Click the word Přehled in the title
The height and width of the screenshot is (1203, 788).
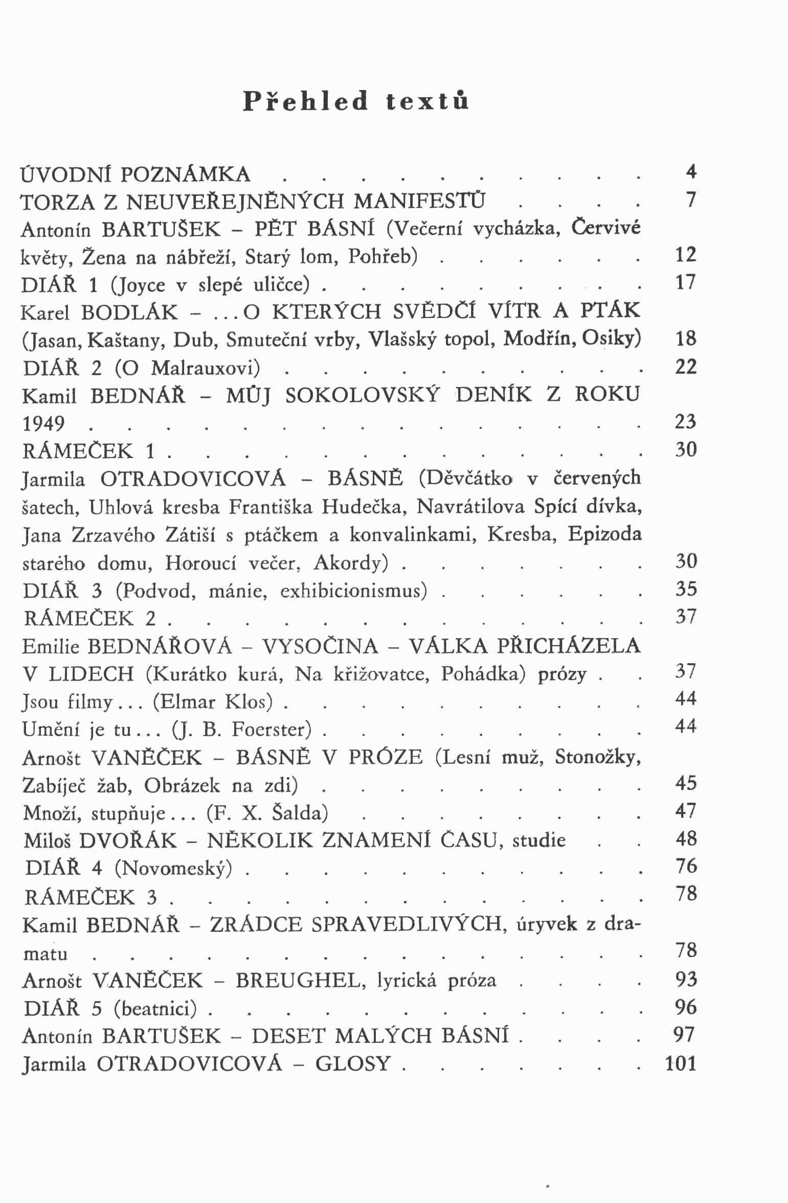(x=305, y=101)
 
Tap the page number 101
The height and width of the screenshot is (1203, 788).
(x=681, y=1063)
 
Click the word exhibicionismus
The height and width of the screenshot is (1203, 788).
(x=353, y=591)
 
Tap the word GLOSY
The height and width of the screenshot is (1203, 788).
(x=353, y=1063)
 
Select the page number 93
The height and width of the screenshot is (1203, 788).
(x=686, y=979)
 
